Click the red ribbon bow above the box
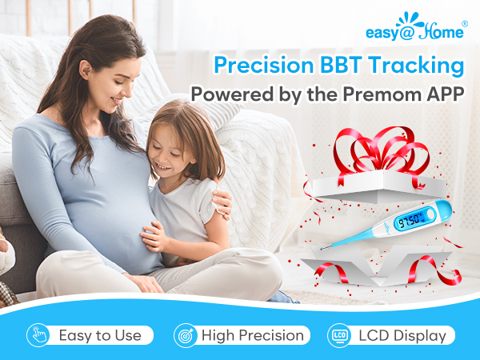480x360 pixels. pyautogui.click(x=374, y=152)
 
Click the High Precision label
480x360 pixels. pyautogui.click(x=253, y=335)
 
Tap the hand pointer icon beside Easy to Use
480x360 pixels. pyautogui.click(x=38, y=335)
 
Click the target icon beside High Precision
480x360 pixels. pyautogui.click(x=185, y=335)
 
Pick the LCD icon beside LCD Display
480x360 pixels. pyautogui.click(x=338, y=335)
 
